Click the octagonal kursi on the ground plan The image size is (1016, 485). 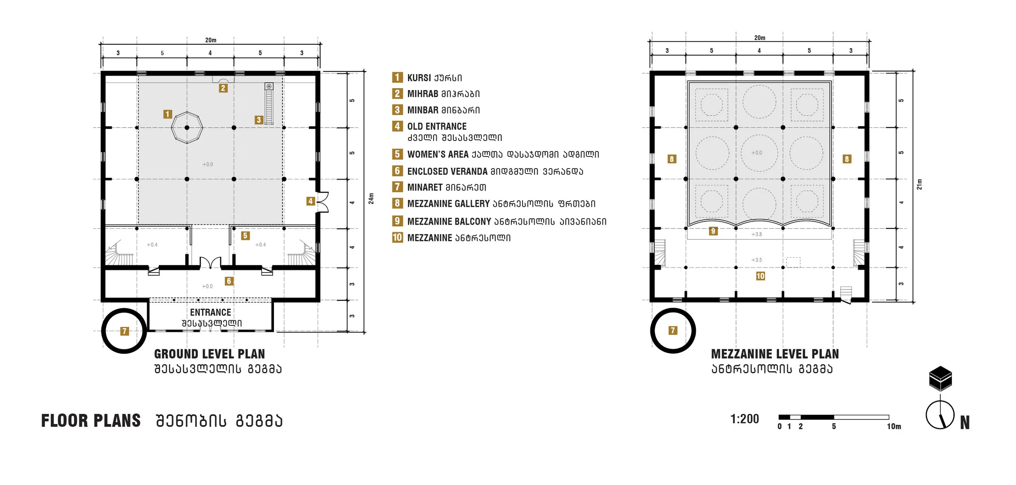187,128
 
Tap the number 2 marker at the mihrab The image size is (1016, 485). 223,88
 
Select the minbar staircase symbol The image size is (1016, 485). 269,104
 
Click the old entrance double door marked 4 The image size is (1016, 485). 322,202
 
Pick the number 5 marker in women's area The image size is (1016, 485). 245,236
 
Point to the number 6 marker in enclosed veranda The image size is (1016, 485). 229,281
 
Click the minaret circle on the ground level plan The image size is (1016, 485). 124,331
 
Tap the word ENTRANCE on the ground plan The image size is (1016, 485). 211,312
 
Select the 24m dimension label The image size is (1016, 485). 371,198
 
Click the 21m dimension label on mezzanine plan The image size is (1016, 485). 919,184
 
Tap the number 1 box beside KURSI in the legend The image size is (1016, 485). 397,77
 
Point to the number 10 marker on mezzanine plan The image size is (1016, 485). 760,276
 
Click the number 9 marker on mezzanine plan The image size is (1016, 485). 713,231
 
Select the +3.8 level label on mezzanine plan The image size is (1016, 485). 756,234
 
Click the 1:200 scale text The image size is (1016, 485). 745,419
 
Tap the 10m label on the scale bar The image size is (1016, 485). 894,427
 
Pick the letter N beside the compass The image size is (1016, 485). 965,423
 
